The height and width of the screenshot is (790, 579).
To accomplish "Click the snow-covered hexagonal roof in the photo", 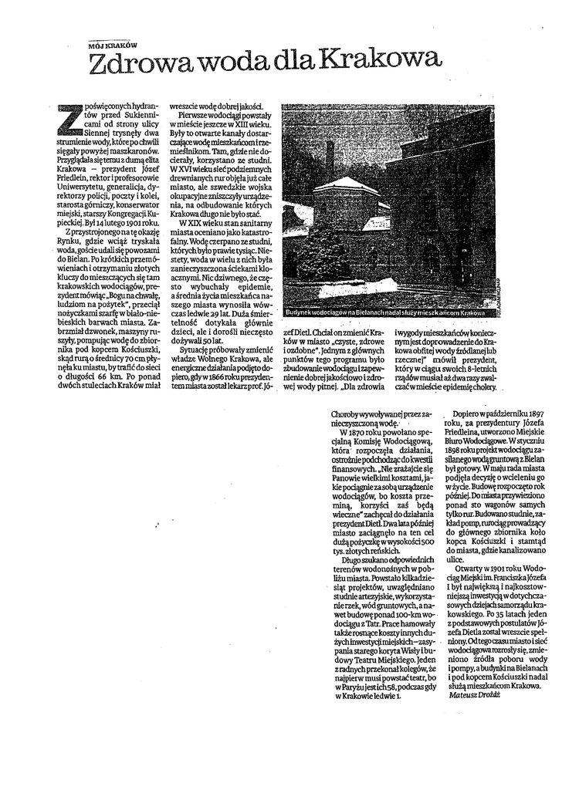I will [x=345, y=185].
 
